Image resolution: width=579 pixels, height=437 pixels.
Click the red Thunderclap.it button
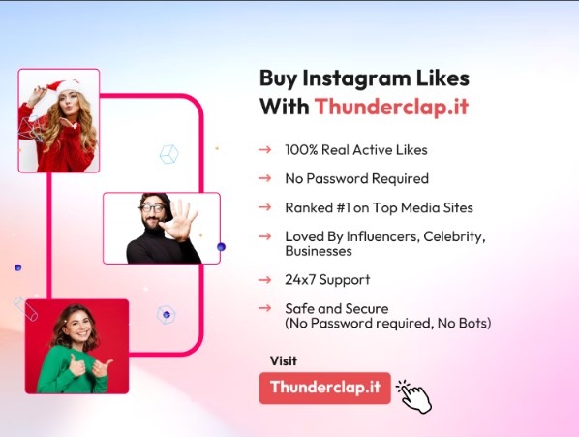coord(325,388)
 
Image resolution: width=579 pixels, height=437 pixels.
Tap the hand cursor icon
coord(414,396)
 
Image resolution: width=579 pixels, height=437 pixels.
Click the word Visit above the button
coord(284,360)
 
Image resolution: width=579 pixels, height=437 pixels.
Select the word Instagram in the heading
coord(356,78)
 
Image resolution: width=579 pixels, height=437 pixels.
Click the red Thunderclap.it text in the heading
coord(391,107)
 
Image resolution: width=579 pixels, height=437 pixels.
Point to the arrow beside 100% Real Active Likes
coord(264,149)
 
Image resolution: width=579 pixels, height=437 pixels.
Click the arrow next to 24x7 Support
coord(264,280)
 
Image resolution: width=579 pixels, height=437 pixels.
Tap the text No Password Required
coord(356,179)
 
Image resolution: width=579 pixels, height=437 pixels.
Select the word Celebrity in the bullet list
coord(454,236)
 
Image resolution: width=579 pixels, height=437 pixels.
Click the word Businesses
coord(319,251)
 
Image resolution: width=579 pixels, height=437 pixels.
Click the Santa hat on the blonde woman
coord(64,85)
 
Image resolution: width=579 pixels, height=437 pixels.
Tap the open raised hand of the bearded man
coord(179,221)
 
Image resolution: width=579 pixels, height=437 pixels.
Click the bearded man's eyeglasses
coord(153,208)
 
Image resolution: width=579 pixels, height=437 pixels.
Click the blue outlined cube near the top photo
coord(169,154)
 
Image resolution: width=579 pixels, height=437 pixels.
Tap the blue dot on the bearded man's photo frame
coord(221,247)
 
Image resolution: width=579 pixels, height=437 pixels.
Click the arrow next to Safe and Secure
coord(264,308)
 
